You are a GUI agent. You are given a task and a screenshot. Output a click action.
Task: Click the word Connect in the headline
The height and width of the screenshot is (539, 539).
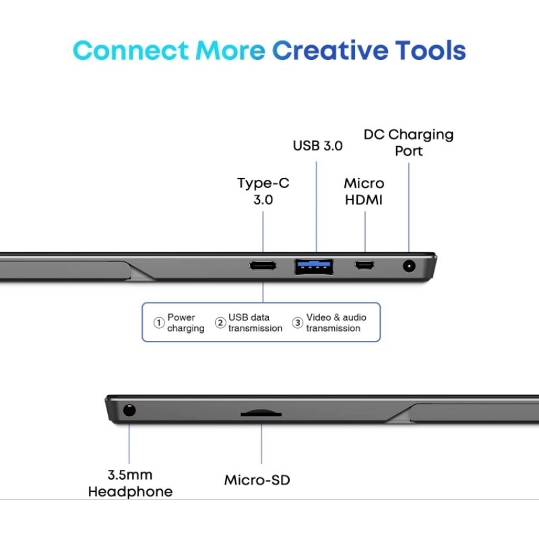coord(131,51)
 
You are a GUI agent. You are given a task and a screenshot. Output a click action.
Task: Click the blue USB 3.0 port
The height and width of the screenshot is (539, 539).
coord(313,266)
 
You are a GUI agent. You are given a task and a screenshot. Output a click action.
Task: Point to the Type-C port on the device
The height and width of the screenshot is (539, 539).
coord(263,265)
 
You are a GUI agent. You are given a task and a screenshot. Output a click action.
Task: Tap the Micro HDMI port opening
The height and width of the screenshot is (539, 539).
coord(365,266)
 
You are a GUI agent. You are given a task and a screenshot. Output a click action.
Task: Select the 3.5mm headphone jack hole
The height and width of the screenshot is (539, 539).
coord(128,410)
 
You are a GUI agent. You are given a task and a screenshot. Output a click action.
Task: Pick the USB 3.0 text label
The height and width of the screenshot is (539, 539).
coord(317,146)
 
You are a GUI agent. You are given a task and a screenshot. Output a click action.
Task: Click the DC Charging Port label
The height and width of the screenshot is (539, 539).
coord(408,142)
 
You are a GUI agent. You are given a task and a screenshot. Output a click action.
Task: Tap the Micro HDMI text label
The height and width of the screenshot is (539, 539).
coord(364,192)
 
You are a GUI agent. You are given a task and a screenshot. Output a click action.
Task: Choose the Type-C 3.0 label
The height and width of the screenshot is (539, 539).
coord(263,192)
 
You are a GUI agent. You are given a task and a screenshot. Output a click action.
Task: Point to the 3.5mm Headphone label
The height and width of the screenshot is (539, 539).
coord(130,482)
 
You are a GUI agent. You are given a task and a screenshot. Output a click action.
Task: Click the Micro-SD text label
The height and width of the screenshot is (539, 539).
coord(257,480)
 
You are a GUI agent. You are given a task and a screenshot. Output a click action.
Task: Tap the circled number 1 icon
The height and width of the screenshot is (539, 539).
coord(159,323)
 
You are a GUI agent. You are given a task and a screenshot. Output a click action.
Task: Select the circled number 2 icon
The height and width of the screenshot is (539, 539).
coord(220,323)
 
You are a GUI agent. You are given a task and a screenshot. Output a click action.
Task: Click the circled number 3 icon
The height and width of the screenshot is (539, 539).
coord(298,323)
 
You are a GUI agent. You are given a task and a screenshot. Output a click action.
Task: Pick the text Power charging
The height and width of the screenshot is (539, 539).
coord(185,323)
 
